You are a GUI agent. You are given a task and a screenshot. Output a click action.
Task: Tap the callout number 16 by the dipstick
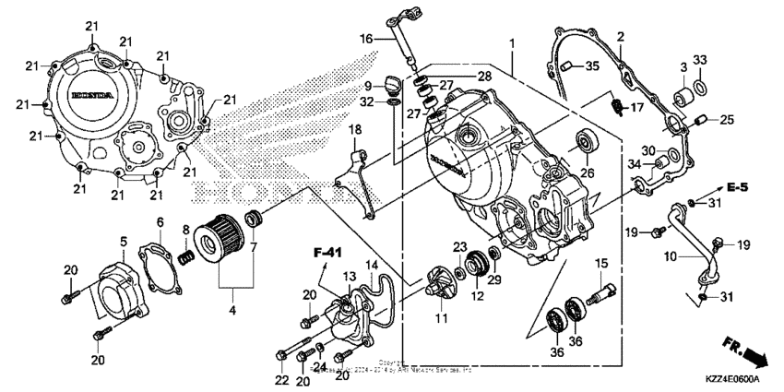365,39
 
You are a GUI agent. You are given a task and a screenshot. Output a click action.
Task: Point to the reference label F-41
324,250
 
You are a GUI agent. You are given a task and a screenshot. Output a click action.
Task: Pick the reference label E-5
735,188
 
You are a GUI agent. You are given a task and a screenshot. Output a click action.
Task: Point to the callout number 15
600,264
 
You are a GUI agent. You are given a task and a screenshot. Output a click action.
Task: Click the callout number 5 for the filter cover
123,242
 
